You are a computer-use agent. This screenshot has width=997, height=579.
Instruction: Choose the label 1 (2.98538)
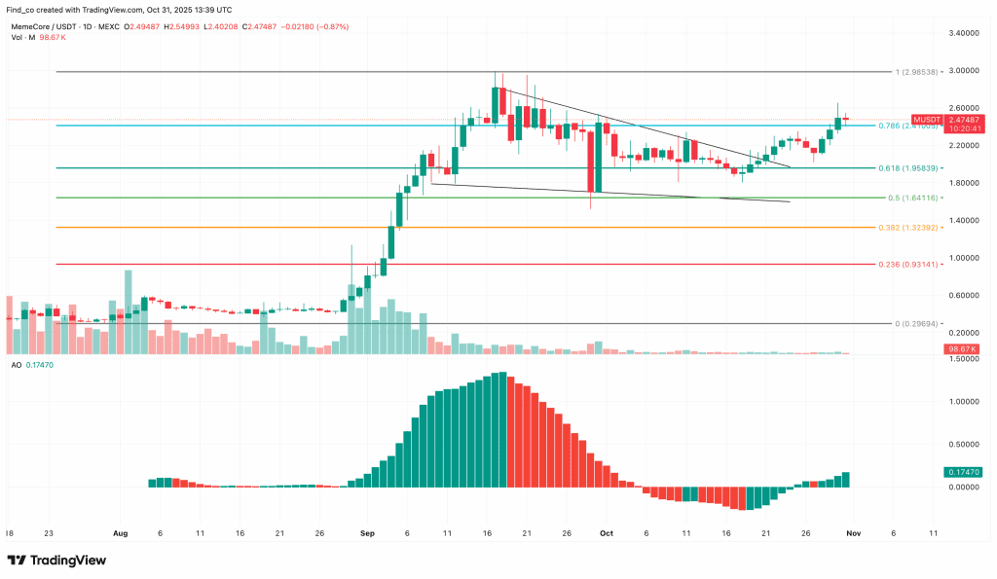pyautogui.click(x=920, y=72)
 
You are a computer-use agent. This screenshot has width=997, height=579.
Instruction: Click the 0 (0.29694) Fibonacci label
pyautogui.click(x=918, y=323)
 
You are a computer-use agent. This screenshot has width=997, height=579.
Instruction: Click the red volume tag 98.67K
pyautogui.click(x=961, y=348)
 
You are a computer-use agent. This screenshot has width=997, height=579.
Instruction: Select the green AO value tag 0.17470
pyautogui.click(x=961, y=471)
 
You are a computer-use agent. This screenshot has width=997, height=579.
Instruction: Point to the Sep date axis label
pyautogui.click(x=367, y=533)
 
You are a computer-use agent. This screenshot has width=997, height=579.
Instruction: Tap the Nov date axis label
pyautogui.click(x=852, y=533)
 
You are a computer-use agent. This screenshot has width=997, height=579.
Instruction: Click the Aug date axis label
pyautogui.click(x=121, y=533)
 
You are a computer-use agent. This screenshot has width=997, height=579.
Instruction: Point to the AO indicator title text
pyautogui.click(x=17, y=364)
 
